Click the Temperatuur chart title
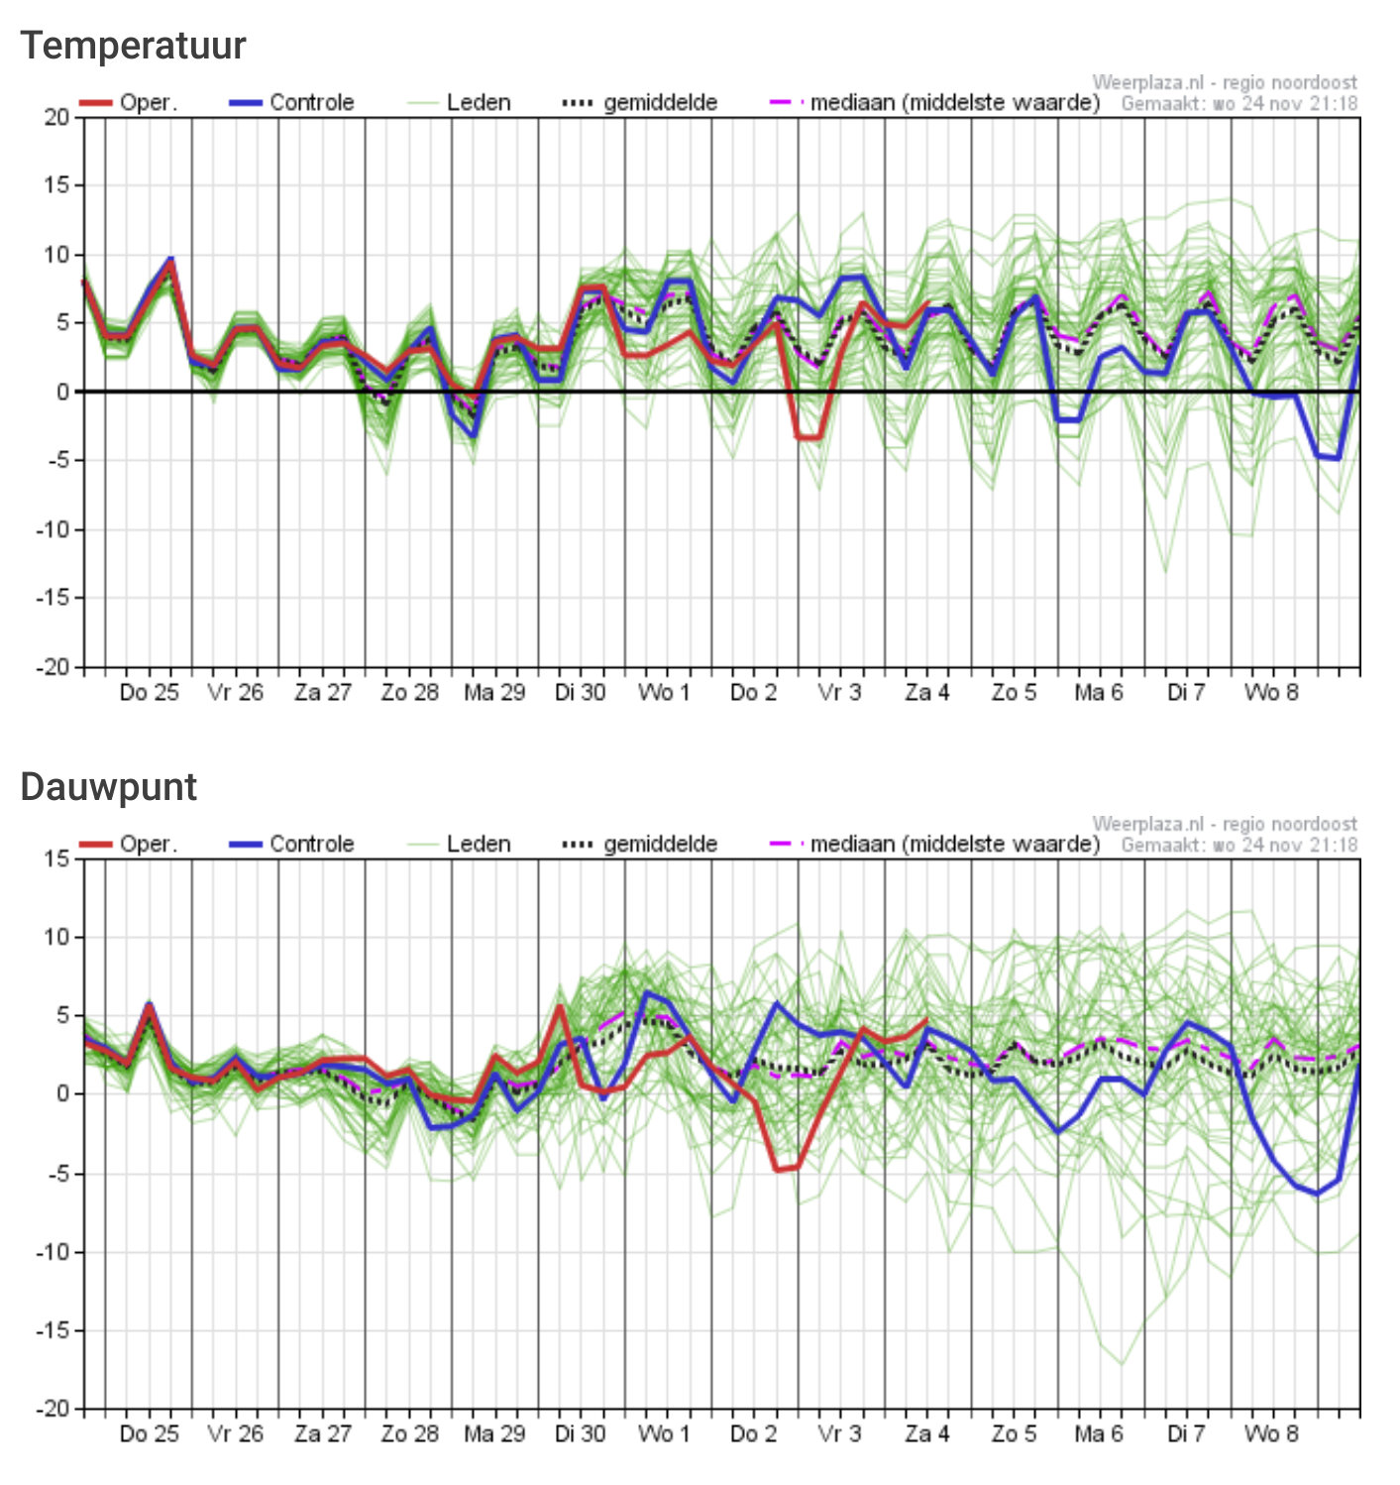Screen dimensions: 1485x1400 (x=133, y=47)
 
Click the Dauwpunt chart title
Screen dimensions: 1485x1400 (x=109, y=787)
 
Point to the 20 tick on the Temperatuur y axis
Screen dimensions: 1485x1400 (x=57, y=118)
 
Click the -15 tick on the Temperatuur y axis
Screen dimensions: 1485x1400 (x=54, y=598)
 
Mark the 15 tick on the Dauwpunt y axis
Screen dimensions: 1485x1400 (x=57, y=859)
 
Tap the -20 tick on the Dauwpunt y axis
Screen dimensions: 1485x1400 (x=54, y=1409)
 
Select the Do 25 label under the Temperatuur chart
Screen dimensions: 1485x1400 (x=150, y=693)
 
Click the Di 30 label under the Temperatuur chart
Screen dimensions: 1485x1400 (x=580, y=693)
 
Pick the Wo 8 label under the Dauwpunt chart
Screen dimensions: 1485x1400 (x=1271, y=1434)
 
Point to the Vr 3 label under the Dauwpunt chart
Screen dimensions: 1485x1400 (x=839, y=1434)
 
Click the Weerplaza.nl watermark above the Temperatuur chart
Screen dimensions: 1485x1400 (x=1225, y=83)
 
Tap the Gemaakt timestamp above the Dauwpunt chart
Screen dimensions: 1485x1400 (x=1238, y=846)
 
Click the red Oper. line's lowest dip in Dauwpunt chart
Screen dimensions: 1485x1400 (x=778, y=1170)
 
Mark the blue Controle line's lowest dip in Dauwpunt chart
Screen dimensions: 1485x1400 (x=1317, y=1194)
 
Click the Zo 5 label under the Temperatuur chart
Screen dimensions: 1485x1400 (x=1014, y=693)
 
